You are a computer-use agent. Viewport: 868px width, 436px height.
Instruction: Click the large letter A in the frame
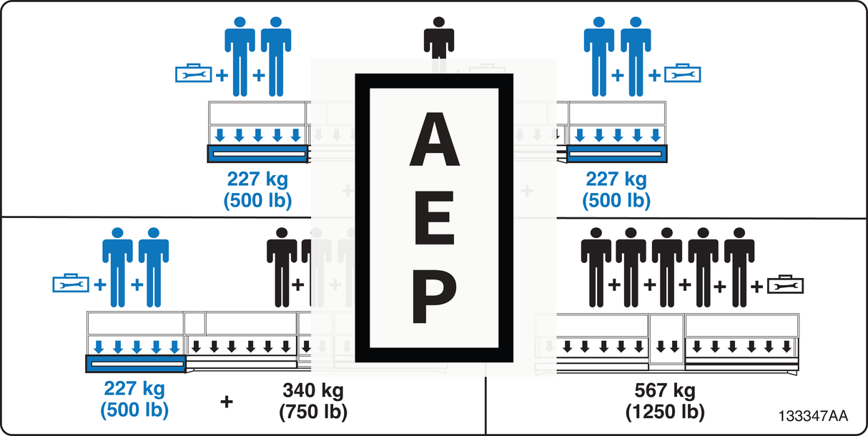coord(435,139)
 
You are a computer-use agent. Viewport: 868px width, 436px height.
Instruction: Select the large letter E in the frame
coord(434,217)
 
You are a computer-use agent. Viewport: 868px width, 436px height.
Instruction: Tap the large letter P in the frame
coord(435,296)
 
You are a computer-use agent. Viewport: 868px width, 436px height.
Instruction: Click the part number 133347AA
coord(813,416)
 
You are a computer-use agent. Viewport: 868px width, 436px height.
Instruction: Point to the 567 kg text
coord(665,391)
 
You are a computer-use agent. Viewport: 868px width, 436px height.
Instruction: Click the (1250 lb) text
coord(665,412)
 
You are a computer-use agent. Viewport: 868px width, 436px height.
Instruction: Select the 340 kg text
coord(313,391)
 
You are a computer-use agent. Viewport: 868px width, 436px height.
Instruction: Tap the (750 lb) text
coord(313,412)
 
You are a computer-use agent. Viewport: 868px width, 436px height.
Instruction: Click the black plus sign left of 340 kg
coord(227,402)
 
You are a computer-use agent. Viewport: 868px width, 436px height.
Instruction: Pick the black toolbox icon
coord(786,284)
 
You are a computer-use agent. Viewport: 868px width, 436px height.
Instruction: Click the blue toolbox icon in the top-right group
coord(682,73)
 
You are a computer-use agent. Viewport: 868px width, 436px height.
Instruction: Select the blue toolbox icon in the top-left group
coord(193,73)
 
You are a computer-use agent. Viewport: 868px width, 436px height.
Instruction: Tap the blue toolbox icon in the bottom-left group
coord(71,284)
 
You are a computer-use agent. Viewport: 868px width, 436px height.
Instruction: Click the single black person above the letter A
coord(439,38)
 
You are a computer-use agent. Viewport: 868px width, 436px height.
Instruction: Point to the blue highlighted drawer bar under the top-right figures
coord(617,154)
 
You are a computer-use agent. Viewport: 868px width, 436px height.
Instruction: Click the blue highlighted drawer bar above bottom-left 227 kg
coord(136,364)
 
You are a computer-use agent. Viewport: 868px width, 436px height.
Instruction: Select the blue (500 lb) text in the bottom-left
coord(134,410)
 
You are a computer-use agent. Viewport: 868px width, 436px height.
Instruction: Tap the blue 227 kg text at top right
coord(616,179)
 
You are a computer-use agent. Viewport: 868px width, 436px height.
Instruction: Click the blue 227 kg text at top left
coord(257,179)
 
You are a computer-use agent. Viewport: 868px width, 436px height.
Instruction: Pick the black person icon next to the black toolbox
coord(739,267)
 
